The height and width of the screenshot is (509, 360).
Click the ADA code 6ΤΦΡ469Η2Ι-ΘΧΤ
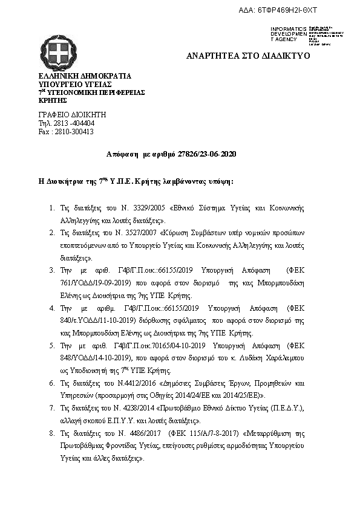point(295,11)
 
